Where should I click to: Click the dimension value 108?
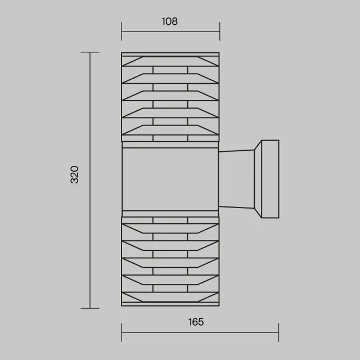pos(169,21)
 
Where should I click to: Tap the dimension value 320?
pos(74,174)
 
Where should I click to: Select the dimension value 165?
pos(196,322)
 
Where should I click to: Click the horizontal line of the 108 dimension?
pos(170,31)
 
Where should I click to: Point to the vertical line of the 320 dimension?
pos(90,180)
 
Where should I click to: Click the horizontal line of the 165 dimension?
pos(200,332)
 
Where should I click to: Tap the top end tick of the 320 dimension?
pos(90,52)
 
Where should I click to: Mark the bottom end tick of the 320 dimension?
pos(90,308)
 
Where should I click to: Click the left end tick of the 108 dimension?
pos(121,31)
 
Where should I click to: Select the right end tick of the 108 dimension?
pos(220,31)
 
